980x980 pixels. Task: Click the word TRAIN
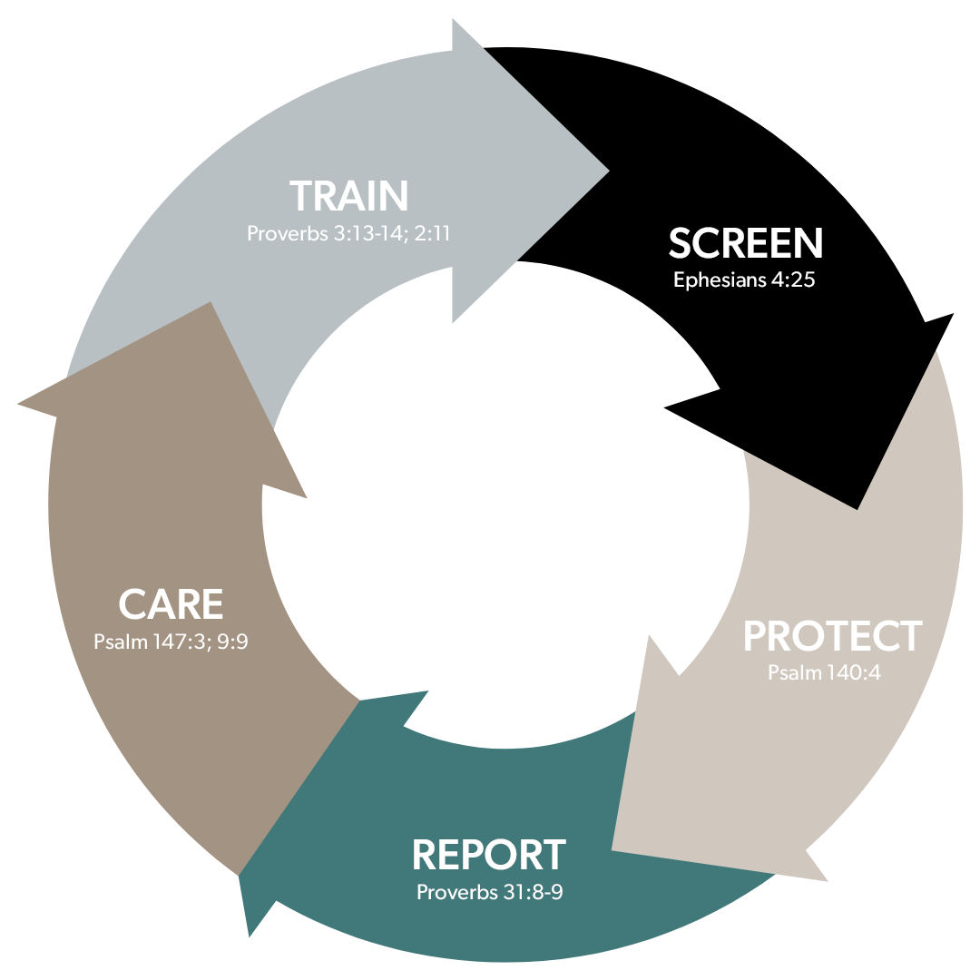coord(348,196)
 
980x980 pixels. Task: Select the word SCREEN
coord(746,242)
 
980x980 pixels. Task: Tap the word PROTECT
coord(832,636)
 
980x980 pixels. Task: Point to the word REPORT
coord(489,855)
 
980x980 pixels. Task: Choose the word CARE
coord(171,604)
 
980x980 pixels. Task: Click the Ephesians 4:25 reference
coord(744,279)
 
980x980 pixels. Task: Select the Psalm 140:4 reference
coord(824,672)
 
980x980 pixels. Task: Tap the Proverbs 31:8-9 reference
coord(489,892)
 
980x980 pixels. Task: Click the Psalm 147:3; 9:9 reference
coord(171,642)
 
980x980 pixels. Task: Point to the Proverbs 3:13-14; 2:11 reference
coord(348,233)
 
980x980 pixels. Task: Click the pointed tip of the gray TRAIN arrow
coord(609,171)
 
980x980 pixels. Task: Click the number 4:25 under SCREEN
coord(792,279)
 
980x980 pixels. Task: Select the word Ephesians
coord(720,280)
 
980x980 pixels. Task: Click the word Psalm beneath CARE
coord(121,642)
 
